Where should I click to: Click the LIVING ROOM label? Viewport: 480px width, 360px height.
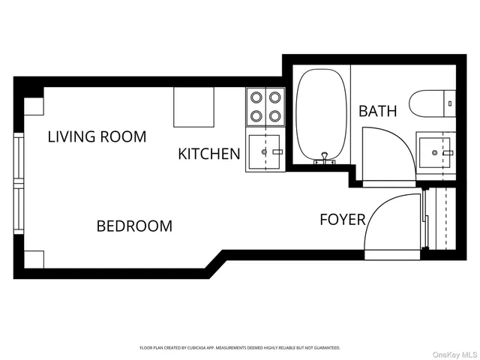97,136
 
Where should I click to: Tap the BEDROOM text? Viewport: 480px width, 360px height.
134,226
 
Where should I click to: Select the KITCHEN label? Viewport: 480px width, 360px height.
208,154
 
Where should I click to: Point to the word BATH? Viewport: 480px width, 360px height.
377,112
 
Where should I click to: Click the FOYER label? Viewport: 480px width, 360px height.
342,220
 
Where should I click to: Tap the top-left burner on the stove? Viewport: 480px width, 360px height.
256,97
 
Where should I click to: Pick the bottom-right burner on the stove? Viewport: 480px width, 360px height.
274,115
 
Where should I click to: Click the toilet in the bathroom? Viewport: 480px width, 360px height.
431,103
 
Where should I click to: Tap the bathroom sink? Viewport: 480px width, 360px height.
436,152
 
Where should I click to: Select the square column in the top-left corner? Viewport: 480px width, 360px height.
34,106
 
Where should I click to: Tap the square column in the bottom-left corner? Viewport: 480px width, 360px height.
34,259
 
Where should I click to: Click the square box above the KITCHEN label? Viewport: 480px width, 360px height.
194,106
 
